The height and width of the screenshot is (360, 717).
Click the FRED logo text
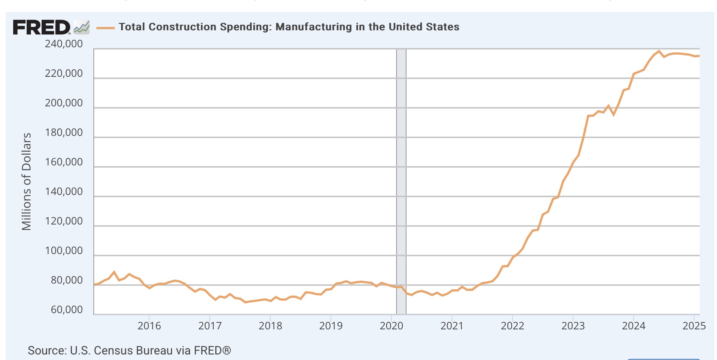[41, 27]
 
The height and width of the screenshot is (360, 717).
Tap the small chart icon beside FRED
[82, 27]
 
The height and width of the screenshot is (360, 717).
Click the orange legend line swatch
[105, 28]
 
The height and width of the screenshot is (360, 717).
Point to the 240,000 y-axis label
[64, 44]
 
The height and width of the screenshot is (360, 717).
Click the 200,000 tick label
[64, 103]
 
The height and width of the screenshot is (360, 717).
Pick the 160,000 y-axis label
[64, 162]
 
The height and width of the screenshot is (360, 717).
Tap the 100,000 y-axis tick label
[64, 251]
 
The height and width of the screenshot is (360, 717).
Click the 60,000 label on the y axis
[67, 310]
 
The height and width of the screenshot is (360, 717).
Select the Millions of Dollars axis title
[27, 181]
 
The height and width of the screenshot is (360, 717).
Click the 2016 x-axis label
[149, 326]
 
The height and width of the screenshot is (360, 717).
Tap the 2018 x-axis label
[270, 326]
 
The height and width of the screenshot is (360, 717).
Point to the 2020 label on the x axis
[391, 326]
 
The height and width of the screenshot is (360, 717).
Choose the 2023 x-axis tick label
[573, 326]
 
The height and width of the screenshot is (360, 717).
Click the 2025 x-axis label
[694, 326]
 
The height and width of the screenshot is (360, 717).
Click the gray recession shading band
[401, 181]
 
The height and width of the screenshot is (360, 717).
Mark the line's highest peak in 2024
[659, 51]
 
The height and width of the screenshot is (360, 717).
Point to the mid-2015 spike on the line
[114, 272]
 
